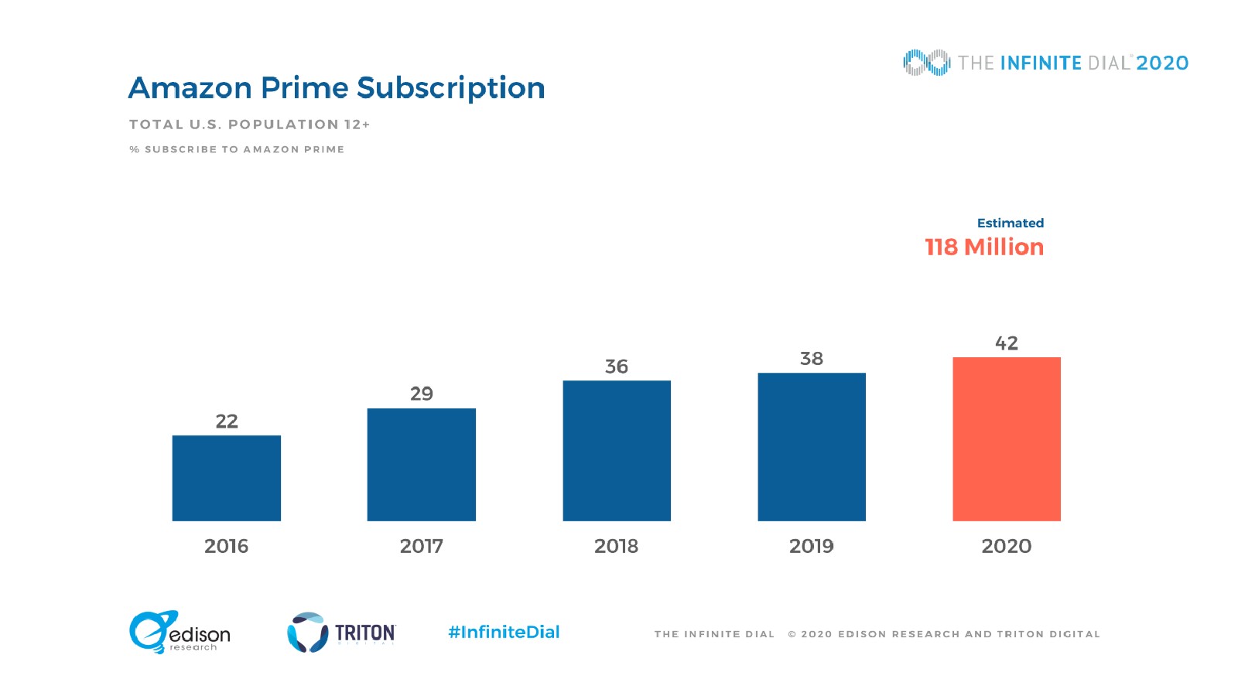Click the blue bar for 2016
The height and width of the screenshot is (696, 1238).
[226, 478]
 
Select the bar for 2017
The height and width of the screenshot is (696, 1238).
[421, 464]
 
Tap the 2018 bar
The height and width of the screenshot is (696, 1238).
[616, 450]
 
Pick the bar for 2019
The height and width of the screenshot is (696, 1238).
[811, 446]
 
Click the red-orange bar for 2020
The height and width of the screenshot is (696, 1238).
[1006, 438]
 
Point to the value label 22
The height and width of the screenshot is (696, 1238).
[226, 421]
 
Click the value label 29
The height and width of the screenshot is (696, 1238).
[421, 394]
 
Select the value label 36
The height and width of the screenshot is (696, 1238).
[616, 367]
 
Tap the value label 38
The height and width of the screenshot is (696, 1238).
[811, 359]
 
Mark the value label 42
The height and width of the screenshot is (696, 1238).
[1006, 343]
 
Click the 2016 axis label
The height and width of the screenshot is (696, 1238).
[226, 546]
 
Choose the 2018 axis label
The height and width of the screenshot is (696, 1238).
[616, 546]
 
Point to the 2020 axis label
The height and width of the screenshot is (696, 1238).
[1006, 546]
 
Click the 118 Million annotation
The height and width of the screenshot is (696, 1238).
[984, 247]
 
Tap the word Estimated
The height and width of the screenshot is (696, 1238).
[1010, 223]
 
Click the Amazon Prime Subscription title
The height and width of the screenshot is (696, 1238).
[337, 88]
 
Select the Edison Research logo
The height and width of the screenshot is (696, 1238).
[180, 633]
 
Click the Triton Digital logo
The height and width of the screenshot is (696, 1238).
[341, 633]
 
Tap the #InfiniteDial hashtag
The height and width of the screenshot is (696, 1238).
[504, 632]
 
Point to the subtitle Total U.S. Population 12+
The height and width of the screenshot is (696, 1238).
[249, 125]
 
